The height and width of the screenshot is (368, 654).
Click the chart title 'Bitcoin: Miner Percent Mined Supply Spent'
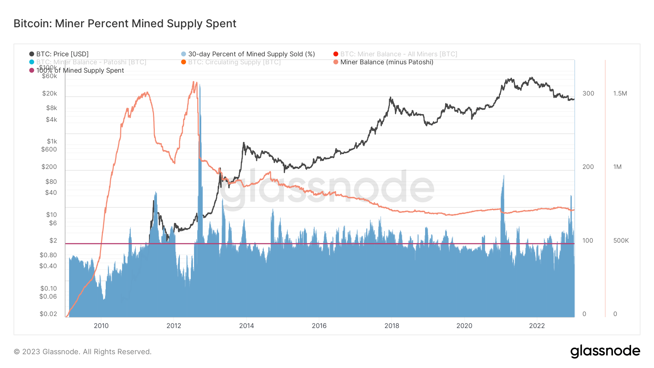(125, 24)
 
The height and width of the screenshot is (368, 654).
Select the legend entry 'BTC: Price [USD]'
(62, 54)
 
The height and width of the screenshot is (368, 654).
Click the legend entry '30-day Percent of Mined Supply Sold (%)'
(251, 54)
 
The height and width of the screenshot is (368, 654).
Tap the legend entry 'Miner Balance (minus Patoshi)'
(387, 62)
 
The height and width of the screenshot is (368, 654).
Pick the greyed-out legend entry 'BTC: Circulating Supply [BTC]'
(234, 62)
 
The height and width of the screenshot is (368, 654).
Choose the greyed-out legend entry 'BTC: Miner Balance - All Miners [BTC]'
(398, 54)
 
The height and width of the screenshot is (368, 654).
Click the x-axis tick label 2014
(246, 326)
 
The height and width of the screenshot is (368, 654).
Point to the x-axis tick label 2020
(464, 326)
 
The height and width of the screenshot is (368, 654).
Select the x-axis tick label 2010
(101, 326)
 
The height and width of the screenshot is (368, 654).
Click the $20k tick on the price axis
(50, 93)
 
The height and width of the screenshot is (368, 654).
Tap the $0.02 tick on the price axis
(48, 314)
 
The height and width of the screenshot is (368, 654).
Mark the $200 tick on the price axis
(49, 167)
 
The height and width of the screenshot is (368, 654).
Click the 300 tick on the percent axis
(588, 93)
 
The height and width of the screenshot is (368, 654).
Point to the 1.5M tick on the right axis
(620, 93)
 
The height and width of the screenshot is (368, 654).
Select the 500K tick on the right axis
(621, 240)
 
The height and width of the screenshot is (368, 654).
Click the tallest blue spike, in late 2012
(200, 86)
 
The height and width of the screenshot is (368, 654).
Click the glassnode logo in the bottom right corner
(605, 351)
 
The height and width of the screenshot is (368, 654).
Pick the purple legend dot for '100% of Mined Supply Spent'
(32, 70)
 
